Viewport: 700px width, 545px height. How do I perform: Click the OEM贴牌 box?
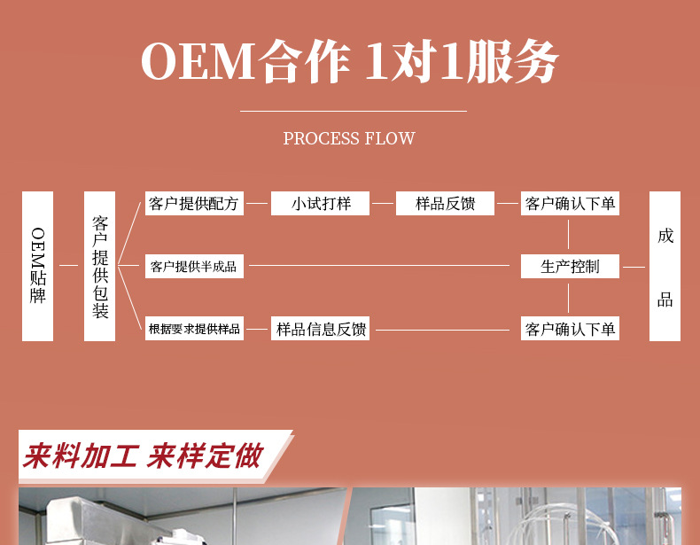37,266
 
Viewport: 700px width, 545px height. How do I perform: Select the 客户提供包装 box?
100,266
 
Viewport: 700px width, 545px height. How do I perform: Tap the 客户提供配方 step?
194,204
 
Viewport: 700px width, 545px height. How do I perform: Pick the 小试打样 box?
321,204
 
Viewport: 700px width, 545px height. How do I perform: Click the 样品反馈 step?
446,204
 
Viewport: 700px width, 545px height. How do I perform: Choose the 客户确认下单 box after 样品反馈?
570,204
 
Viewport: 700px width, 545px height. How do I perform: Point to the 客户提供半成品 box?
194,266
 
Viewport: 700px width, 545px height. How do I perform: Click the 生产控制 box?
570,266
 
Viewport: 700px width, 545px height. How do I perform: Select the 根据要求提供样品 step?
194,330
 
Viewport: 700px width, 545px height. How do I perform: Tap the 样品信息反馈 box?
321,330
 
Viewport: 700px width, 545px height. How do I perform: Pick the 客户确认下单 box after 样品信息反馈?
570,330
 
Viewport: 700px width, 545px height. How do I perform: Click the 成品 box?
665,266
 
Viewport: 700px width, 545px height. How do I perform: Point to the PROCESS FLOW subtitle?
349,138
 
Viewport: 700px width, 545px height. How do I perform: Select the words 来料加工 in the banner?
81,456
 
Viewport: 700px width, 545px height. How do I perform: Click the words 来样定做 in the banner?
205,456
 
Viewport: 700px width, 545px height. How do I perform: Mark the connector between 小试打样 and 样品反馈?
383,204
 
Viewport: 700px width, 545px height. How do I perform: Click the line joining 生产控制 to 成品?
634,266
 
